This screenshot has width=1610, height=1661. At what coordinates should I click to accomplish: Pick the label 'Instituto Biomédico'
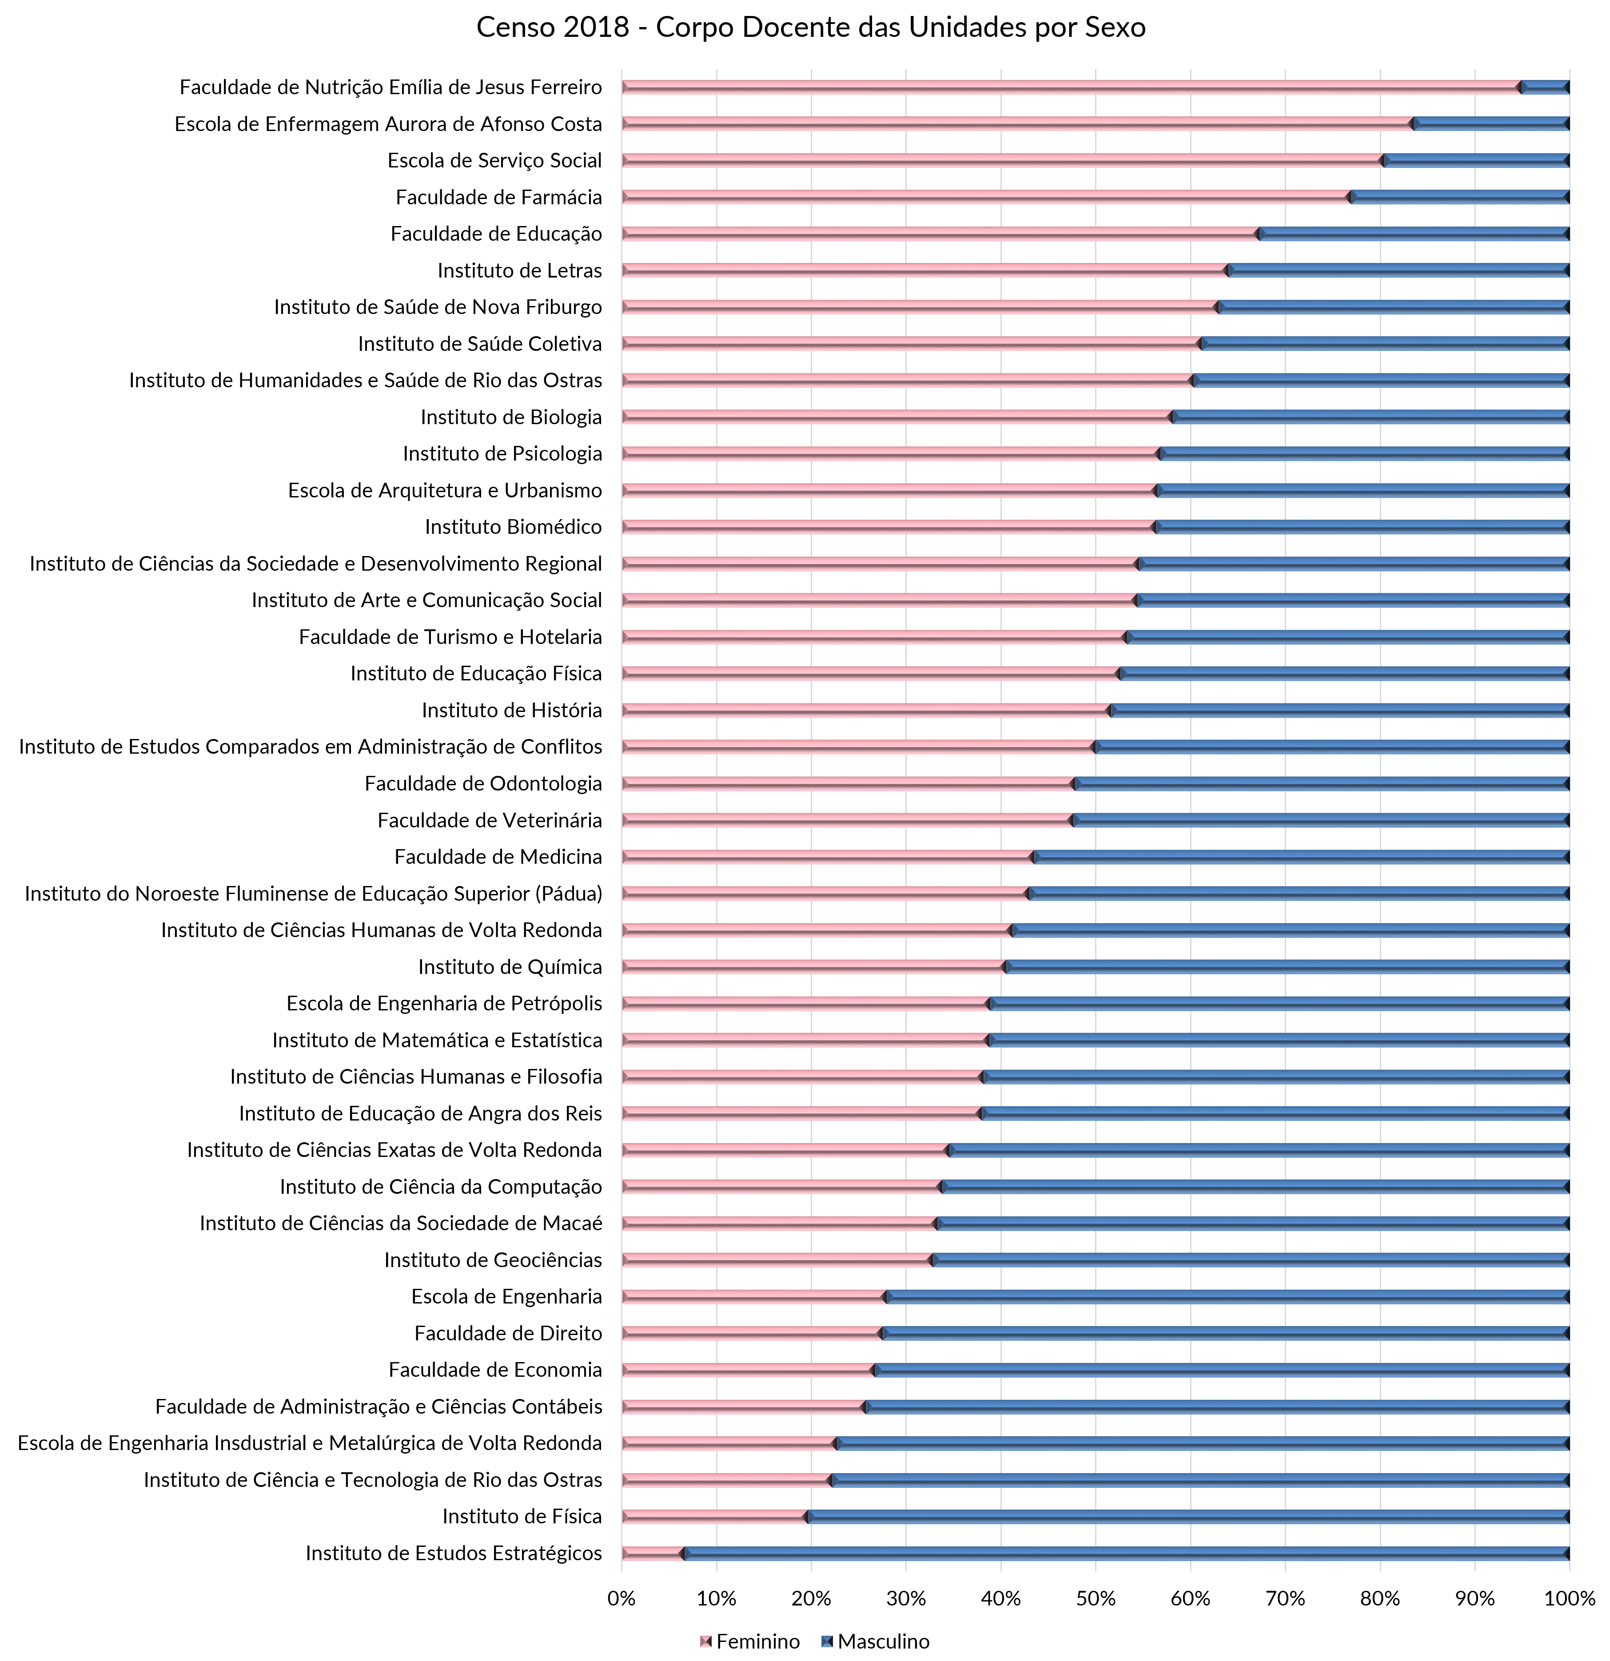(513, 527)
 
